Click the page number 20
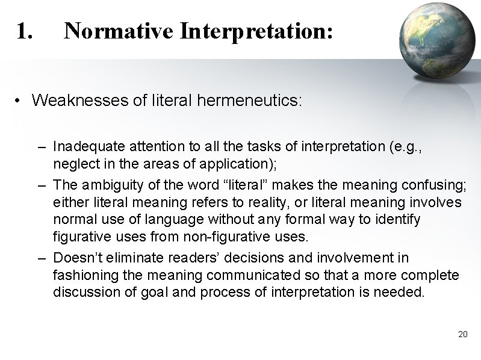click(462, 334)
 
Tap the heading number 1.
click(25, 31)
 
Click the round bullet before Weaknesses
click(20, 101)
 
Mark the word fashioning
click(78, 276)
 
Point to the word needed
click(404, 293)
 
